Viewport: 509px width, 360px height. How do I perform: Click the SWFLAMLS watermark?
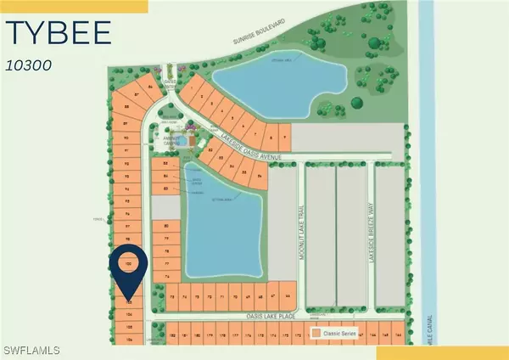27,349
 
